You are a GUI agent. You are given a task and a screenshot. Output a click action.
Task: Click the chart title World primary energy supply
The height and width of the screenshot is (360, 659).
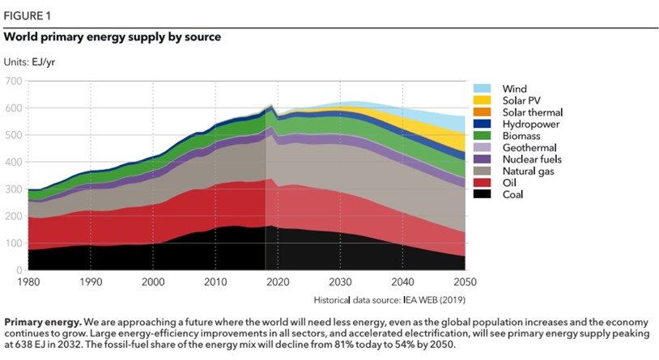tap(113, 37)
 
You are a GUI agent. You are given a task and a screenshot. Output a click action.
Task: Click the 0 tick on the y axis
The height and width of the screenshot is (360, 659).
tap(19, 269)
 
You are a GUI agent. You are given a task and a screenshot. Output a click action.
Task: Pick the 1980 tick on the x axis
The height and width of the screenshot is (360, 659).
tap(28, 282)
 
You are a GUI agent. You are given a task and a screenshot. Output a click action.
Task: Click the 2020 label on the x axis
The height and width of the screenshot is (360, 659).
tap(278, 282)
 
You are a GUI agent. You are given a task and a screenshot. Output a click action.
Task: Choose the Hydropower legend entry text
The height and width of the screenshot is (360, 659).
tap(530, 124)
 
